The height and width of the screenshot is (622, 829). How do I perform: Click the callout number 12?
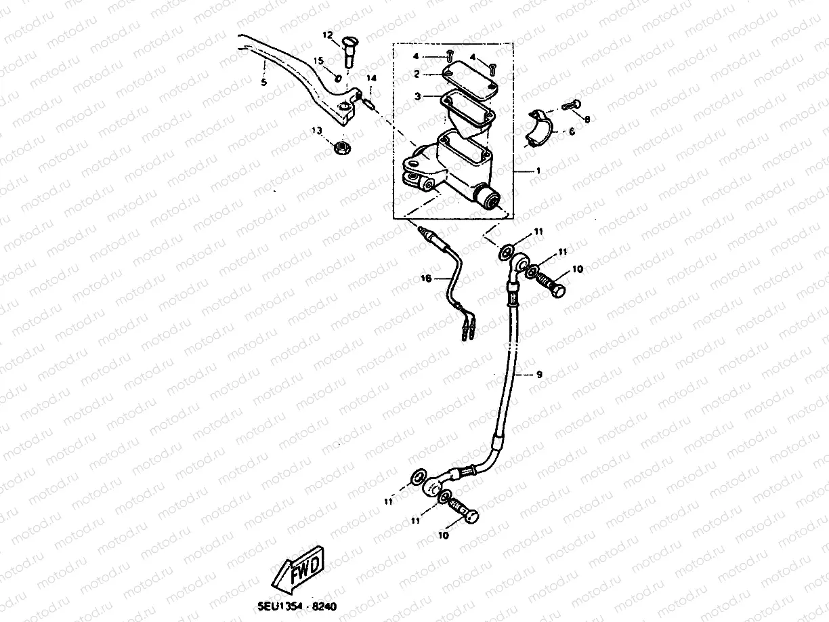click(x=327, y=35)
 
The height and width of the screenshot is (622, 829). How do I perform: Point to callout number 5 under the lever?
click(x=263, y=82)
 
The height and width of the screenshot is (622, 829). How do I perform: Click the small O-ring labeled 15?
click(x=337, y=75)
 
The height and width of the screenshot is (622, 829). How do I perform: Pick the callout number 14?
click(x=370, y=79)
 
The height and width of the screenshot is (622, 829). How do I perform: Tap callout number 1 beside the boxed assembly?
click(x=538, y=171)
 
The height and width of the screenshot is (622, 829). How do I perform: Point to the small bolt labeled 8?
click(x=571, y=106)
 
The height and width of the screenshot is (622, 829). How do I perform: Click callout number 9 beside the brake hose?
click(x=539, y=373)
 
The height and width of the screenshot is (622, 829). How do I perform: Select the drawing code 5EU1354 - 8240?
click(x=297, y=608)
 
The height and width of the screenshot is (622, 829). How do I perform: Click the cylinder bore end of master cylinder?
click(x=487, y=199)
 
